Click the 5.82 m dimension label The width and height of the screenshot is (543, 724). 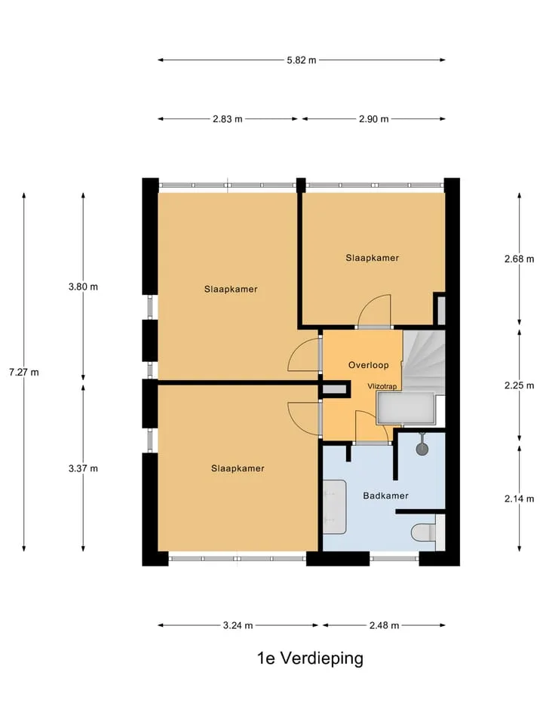(x=302, y=60)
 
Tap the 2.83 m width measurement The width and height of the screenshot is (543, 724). (x=228, y=119)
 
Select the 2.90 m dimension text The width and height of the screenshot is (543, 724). (x=373, y=119)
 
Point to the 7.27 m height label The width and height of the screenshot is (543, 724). (x=24, y=372)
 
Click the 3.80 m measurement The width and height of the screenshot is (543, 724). (x=83, y=287)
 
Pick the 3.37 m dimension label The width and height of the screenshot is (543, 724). (x=83, y=468)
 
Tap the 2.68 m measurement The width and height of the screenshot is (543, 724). (x=520, y=259)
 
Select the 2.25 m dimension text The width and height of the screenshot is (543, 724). (x=520, y=385)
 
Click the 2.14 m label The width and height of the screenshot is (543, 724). (x=520, y=499)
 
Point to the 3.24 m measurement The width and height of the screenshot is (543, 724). (x=238, y=626)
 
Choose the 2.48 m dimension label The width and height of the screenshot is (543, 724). (x=384, y=626)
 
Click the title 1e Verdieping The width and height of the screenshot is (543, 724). (x=310, y=658)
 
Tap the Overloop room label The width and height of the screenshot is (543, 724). (x=369, y=365)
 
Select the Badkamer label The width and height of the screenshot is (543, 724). (x=385, y=496)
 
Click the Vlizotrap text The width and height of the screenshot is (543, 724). (x=382, y=386)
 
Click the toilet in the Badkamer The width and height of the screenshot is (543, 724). (x=424, y=533)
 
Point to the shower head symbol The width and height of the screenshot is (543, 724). (x=422, y=447)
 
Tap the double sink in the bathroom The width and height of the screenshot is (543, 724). (x=334, y=507)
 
